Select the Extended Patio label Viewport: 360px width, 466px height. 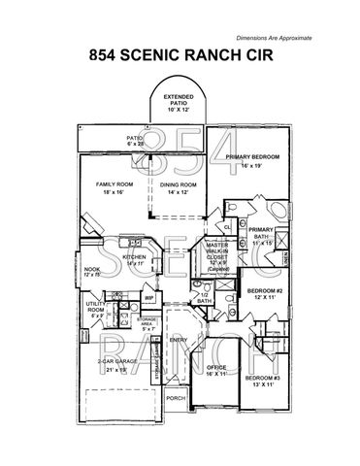click(178, 101)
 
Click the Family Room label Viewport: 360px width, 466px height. click(113, 187)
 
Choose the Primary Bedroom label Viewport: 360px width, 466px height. click(252, 160)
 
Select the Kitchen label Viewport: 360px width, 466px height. click(134, 259)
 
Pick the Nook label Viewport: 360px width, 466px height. click(92, 272)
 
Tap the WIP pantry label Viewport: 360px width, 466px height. click(149, 298)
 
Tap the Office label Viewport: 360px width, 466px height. click(215, 371)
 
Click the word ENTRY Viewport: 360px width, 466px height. click(180, 340)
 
